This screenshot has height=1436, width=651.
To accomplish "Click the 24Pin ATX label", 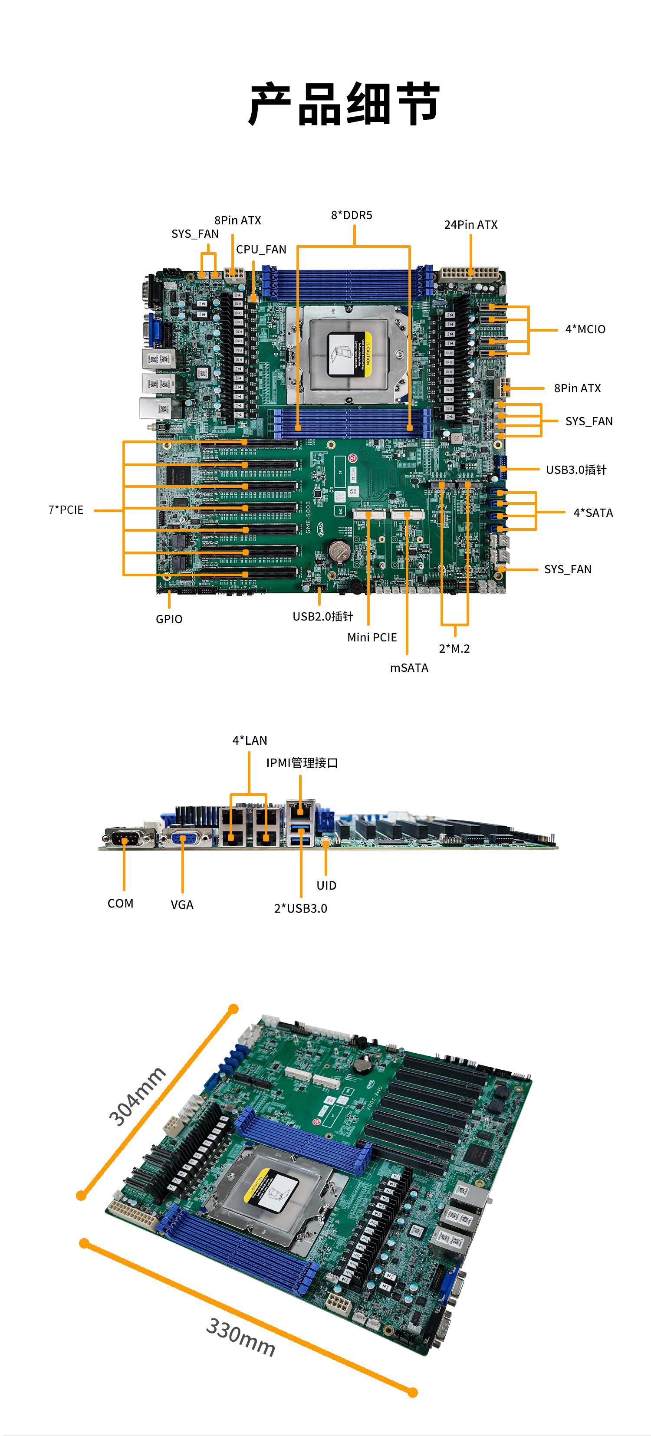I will tap(470, 225).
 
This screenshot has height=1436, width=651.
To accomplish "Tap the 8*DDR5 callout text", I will tap(351, 215).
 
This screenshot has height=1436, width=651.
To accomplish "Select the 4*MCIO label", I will tap(585, 329).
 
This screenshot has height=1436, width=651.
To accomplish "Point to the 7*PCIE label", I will tap(66, 510).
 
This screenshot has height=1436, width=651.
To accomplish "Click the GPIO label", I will tap(169, 619).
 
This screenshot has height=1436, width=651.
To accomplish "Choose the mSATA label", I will tap(409, 668).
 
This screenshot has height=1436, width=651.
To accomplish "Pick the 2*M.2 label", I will tap(454, 648).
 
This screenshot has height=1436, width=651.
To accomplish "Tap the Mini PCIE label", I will tap(372, 637).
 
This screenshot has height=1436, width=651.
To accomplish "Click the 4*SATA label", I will tap(593, 513).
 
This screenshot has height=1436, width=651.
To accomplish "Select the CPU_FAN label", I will tap(261, 250).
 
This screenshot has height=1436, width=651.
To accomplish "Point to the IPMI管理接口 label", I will tap(302, 763).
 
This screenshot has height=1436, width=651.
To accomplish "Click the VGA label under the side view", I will tap(182, 905).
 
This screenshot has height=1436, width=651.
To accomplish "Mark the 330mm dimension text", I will tap(241, 1337).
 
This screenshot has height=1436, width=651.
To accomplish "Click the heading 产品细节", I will tap(344, 104).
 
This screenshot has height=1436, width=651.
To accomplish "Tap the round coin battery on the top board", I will tap(337, 551).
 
